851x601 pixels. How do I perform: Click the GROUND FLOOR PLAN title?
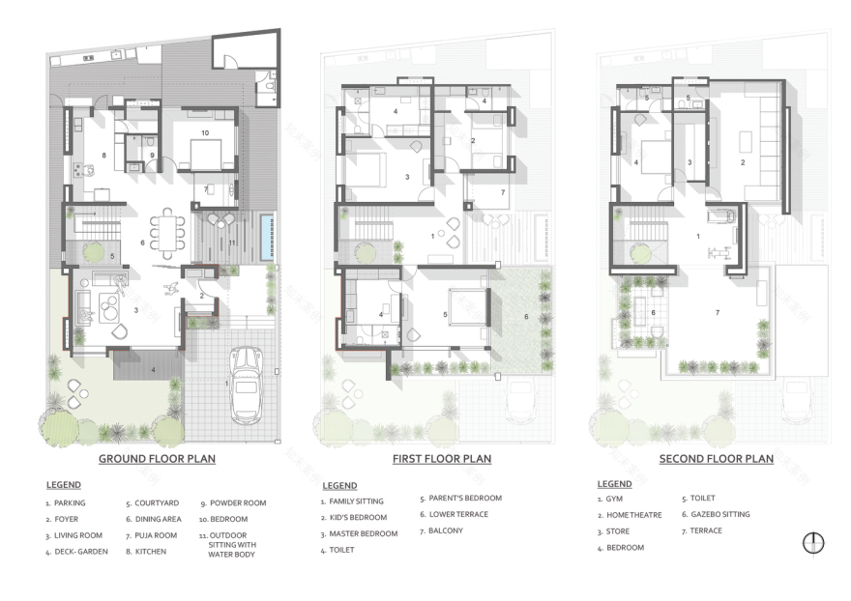point(157,459)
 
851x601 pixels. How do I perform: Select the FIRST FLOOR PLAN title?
point(441,459)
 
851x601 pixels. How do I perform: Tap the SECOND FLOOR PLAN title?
point(717,459)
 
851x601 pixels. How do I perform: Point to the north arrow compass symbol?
point(813,543)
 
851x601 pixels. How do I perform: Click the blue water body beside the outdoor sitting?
point(266,237)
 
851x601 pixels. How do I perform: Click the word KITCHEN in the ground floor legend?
point(151,552)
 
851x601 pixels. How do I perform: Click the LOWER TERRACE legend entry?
point(459,514)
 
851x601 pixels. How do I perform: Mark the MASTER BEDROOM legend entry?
point(364,533)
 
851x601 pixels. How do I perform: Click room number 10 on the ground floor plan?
point(205,131)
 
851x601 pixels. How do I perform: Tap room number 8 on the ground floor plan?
point(103,155)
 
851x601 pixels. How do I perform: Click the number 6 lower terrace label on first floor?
point(526,316)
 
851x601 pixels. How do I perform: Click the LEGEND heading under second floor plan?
point(614,484)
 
